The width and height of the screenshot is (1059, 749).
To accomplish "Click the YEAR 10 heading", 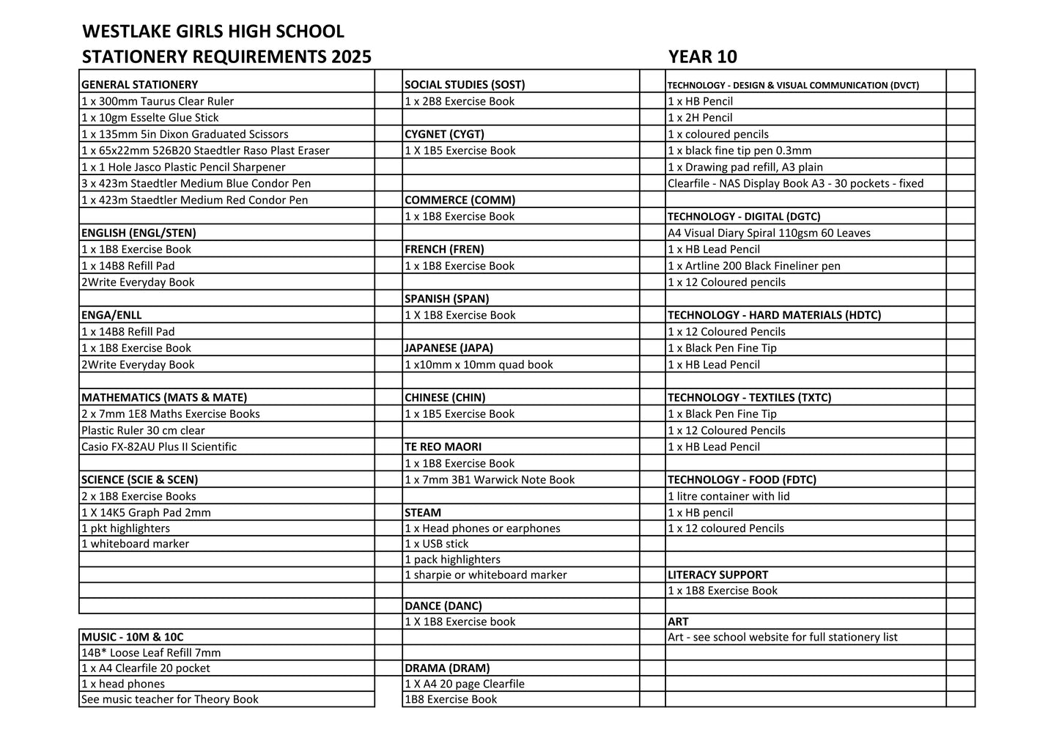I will [x=702, y=57].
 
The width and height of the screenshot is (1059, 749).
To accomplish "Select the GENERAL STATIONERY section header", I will [x=140, y=85].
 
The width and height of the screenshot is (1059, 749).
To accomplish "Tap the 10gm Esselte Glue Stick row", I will [x=150, y=118].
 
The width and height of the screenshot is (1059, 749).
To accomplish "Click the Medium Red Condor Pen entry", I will [x=195, y=200].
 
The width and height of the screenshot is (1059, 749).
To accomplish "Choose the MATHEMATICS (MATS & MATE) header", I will [x=164, y=398].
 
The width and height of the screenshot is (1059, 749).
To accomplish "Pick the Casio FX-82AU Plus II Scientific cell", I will [x=159, y=447].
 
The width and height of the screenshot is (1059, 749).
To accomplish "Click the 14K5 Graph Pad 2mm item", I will [x=147, y=513].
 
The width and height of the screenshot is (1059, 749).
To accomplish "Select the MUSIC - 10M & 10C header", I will [x=133, y=638].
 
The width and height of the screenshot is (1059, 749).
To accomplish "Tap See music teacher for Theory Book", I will [x=170, y=700].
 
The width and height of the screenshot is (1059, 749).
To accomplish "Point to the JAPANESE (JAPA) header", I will [x=449, y=348].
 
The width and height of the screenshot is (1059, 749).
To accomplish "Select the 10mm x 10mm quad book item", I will [x=479, y=365].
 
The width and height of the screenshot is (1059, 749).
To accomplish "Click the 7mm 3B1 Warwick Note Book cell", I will [x=490, y=480].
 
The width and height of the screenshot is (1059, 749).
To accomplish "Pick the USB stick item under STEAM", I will [x=437, y=544].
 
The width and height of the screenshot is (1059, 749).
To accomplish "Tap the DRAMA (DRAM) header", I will [x=447, y=668].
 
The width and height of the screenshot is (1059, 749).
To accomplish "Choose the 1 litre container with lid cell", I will [x=728, y=496].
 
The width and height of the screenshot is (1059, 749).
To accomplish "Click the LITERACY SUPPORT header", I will [x=717, y=575].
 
